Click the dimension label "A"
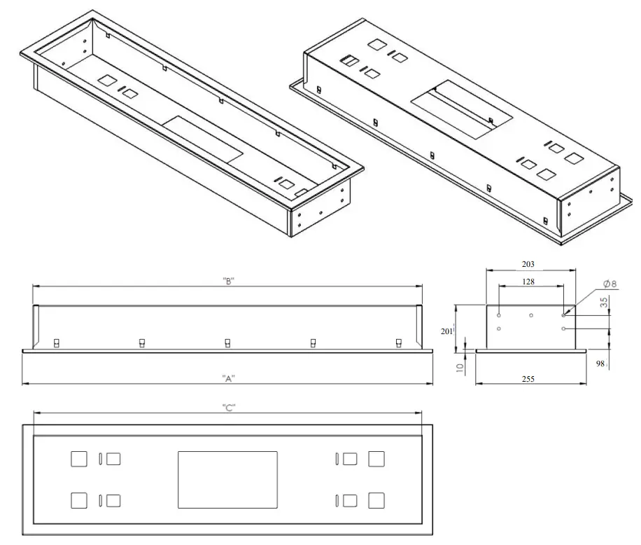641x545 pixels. [x=227, y=378]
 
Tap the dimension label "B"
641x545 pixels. [x=227, y=281]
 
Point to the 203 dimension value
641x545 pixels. [x=528, y=264]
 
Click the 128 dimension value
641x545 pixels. [x=528, y=281]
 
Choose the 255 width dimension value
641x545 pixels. [x=528, y=379]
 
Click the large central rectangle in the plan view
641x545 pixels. [x=227, y=480]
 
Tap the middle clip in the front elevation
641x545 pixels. [x=227, y=343]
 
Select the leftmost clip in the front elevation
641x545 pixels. [x=57, y=343]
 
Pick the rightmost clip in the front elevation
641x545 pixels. [x=398, y=343]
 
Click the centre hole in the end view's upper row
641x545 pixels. [x=531, y=315]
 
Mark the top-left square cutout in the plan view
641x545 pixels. [x=79, y=459]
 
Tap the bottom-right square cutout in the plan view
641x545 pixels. [x=376, y=500]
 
